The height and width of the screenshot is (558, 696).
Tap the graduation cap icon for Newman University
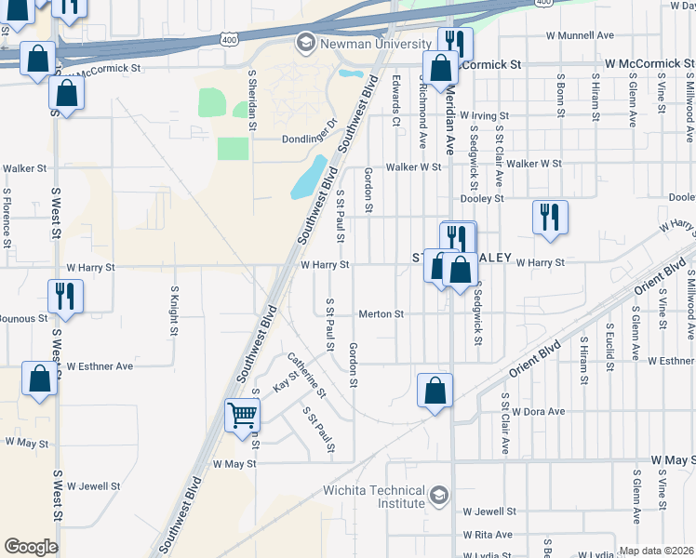click(x=305, y=42)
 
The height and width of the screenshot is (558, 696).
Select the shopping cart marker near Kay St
click(x=242, y=415)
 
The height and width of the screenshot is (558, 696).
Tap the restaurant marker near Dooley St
click(x=550, y=217)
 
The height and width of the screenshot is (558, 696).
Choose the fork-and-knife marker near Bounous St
click(x=66, y=297)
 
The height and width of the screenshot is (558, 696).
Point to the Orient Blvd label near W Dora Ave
click(x=535, y=356)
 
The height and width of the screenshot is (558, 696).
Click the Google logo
click(x=31, y=546)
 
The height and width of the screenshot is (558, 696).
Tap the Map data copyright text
click(x=657, y=551)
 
